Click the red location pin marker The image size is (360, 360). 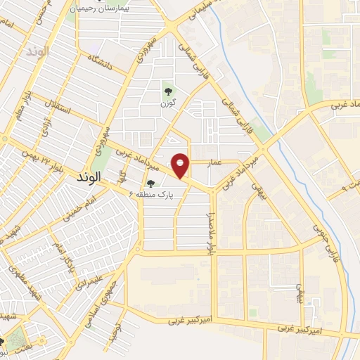pyautogui.click(x=181, y=165)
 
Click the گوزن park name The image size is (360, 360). pyautogui.click(x=167, y=103)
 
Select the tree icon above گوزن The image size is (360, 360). pyautogui.click(x=167, y=90)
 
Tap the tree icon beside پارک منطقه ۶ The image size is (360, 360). pyautogui.click(x=150, y=184)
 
